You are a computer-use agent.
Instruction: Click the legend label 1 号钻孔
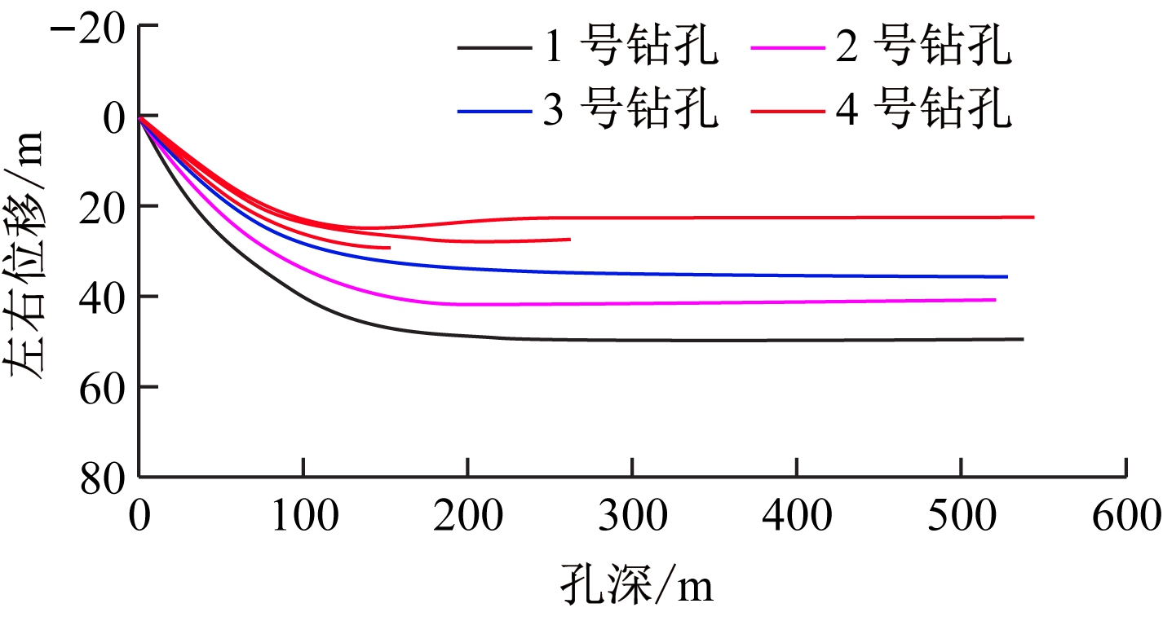pos(630,49)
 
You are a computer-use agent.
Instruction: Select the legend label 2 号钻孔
pos(922,49)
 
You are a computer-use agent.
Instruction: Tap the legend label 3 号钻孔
pos(630,110)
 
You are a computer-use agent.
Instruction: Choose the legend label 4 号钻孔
pos(922,110)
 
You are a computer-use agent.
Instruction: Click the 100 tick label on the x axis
pos(303,517)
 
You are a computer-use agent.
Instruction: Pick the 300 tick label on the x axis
pos(632,517)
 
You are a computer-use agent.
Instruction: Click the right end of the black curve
pos(1023,339)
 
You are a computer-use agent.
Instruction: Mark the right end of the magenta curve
pos(995,300)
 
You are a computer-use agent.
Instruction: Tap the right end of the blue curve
pos(1007,277)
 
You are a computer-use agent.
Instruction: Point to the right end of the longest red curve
pos(1033,218)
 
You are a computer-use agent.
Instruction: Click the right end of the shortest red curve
pos(390,248)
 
